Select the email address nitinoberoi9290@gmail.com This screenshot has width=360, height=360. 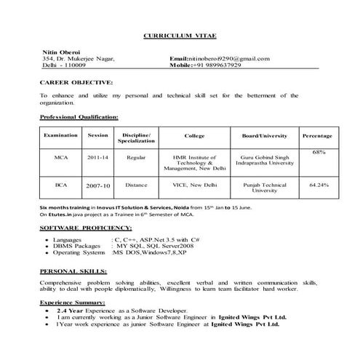pos(229,58)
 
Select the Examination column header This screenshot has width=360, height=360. pos(61,136)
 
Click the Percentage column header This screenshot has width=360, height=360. pos(317,136)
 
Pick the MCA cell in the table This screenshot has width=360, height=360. pos(61,156)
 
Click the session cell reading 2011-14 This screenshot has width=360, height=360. pos(97,156)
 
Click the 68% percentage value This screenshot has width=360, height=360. pos(318,151)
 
